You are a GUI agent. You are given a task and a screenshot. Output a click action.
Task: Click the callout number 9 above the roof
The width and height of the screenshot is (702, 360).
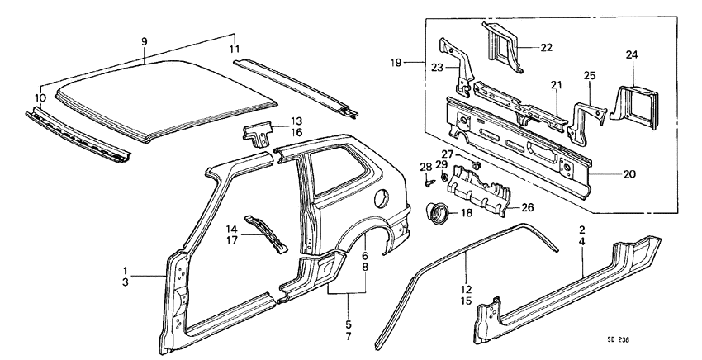(x=144, y=40)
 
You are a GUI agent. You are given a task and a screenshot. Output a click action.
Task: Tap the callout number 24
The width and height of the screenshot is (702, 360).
(x=632, y=55)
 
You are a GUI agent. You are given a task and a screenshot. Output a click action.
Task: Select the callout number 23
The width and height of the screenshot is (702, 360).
(x=437, y=69)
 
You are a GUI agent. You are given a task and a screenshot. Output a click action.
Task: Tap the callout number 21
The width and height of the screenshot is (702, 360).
(x=556, y=84)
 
